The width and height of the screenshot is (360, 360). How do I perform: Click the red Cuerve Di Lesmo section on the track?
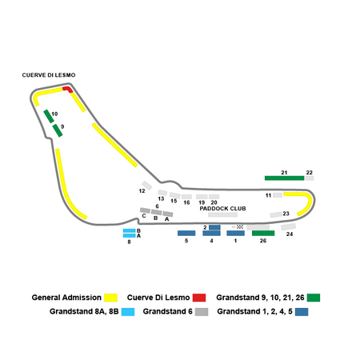click(68, 89)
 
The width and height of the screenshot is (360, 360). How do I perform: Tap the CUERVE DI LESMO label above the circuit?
click(49, 75)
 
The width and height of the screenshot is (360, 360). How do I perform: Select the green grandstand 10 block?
click(49, 116)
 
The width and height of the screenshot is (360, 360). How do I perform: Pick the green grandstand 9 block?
click(58, 130)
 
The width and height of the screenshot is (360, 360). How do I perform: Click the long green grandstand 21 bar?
click(284, 178)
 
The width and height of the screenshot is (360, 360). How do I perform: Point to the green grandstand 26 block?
click(263, 233)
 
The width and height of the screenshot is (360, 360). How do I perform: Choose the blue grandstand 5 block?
click(186, 233)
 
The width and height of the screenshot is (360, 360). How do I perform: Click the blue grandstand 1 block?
click(235, 233)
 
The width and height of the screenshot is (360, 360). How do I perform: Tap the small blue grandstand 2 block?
click(214, 227)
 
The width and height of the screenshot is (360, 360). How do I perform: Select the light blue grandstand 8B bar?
click(130, 230)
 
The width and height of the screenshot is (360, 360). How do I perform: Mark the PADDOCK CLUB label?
click(222, 209)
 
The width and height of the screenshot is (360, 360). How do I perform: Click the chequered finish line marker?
click(240, 227)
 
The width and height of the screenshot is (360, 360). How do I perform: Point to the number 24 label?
click(290, 234)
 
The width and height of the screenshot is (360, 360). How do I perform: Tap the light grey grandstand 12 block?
click(146, 186)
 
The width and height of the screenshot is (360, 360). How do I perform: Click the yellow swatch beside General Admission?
click(110, 298)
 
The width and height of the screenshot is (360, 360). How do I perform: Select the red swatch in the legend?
click(199, 298)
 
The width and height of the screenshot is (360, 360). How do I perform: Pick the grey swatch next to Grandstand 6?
click(202, 312)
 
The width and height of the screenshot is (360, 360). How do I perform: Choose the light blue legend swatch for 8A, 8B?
click(128, 312)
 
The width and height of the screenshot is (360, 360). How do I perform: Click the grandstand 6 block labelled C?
click(145, 210)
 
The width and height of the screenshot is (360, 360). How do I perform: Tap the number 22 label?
click(310, 173)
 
